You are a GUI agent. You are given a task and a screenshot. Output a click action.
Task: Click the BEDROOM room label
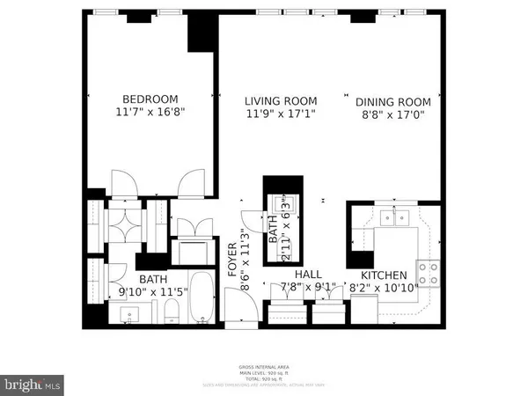tap(150, 99)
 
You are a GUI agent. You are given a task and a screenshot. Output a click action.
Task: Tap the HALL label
tap(308, 275)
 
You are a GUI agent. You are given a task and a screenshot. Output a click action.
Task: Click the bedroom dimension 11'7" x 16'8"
tap(150, 113)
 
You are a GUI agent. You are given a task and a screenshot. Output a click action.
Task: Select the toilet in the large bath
tap(172, 310)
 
